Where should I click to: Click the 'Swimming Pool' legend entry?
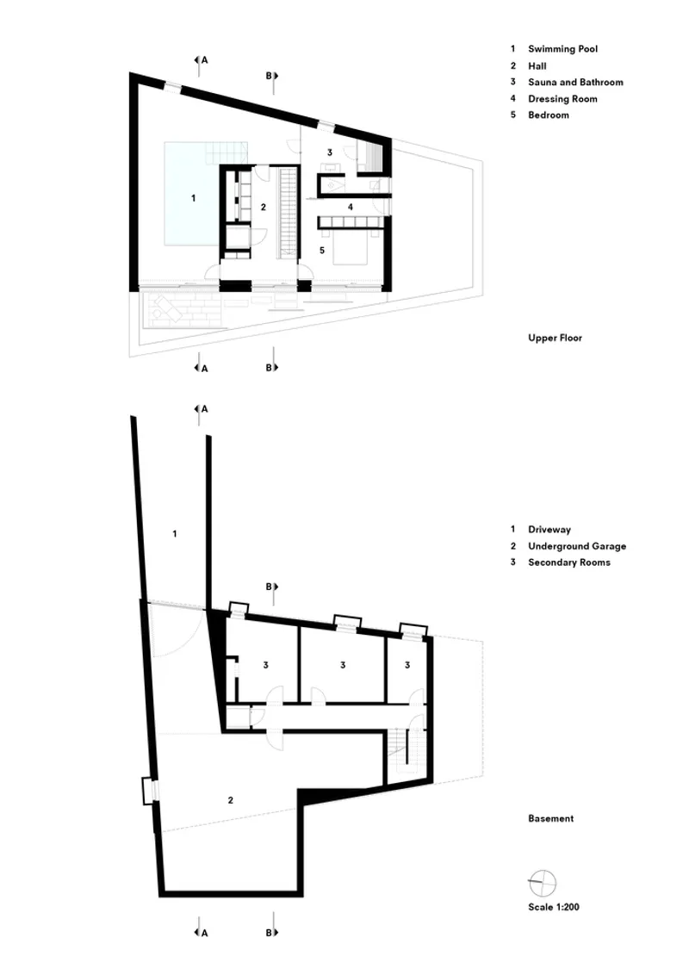tap(562, 48)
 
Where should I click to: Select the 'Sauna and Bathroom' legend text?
tap(575, 82)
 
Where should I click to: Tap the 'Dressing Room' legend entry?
tap(562, 99)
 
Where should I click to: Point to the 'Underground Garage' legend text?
tap(577, 546)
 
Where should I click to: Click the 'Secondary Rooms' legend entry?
tap(569, 562)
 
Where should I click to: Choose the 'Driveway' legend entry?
tap(549, 530)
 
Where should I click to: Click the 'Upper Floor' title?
tap(555, 338)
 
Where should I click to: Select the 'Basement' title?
tap(551, 818)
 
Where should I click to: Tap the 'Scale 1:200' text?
tap(554, 907)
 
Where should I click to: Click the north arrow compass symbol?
tap(542, 883)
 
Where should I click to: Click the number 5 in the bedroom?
tap(322, 251)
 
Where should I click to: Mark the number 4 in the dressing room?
tap(350, 207)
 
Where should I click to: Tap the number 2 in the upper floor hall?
tap(264, 207)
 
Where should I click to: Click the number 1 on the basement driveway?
tap(175, 533)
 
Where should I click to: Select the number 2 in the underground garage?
tap(231, 800)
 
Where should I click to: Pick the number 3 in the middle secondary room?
tap(343, 665)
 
